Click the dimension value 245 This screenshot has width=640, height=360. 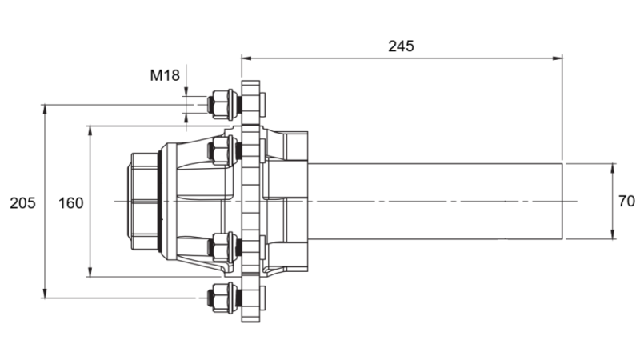click(401, 46)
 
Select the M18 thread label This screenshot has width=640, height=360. click(165, 76)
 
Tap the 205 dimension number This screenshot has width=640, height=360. click(22, 203)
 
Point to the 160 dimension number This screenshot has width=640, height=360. click(71, 203)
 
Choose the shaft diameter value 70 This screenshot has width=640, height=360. click(626, 202)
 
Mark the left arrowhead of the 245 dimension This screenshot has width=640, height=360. click(246, 58)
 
